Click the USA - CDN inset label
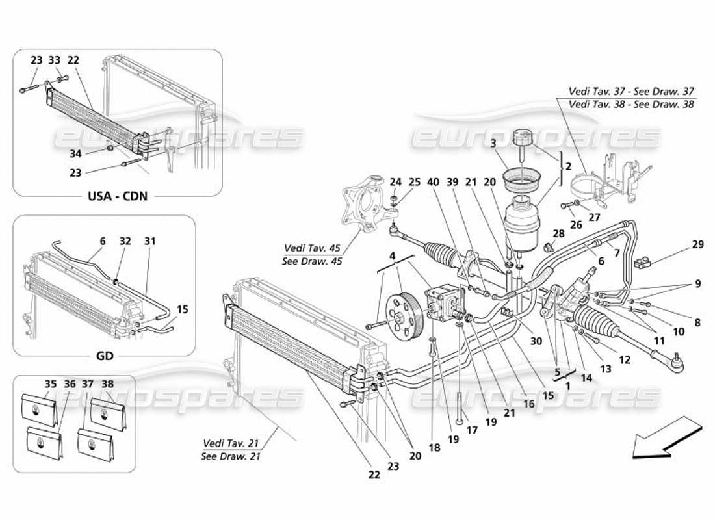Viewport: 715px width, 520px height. (x=117, y=196)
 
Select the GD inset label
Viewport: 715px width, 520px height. (x=105, y=356)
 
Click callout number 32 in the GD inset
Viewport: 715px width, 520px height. (x=125, y=241)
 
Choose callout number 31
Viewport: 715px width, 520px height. (x=150, y=241)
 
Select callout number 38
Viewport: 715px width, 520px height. (x=107, y=384)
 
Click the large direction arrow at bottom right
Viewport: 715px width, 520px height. (x=667, y=440)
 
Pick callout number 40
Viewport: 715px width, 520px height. (x=432, y=183)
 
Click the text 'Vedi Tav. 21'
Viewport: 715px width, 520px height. (x=231, y=443)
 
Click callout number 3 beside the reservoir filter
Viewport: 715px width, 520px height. (x=493, y=143)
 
